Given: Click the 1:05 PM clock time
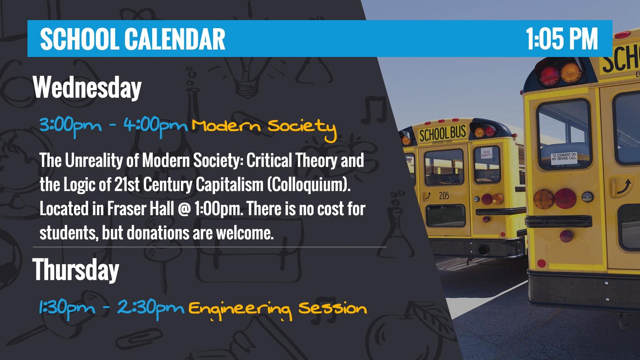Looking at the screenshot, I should tap(561, 39).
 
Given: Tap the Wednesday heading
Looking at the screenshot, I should tap(87, 88).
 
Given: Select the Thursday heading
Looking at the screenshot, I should tap(76, 269).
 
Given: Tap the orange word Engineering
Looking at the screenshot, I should tap(240, 309).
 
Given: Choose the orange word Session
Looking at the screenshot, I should tap(332, 308).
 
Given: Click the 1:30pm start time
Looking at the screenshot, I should tap(67, 308).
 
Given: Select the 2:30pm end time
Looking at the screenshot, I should tap(150, 308).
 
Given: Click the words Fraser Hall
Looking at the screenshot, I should tap(140, 209).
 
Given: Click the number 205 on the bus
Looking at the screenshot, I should tap(444, 195).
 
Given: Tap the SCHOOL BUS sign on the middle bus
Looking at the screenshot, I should tap(442, 133).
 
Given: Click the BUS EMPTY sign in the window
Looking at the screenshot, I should tap(486, 154).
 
